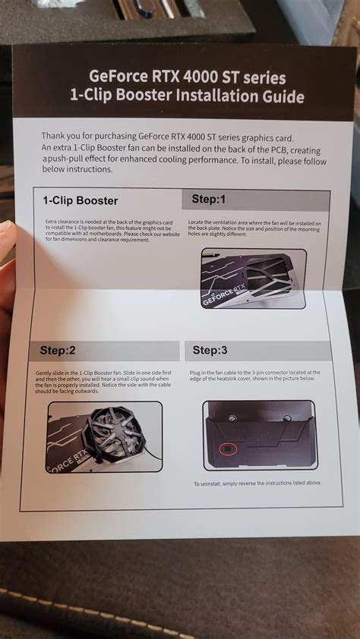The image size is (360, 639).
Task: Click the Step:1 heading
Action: (209, 200)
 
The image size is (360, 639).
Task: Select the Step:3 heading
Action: (210, 350)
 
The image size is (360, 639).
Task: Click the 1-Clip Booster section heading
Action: (81, 200)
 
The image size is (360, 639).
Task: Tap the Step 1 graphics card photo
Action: (253, 279)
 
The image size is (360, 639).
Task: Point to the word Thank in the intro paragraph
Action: (56, 136)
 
